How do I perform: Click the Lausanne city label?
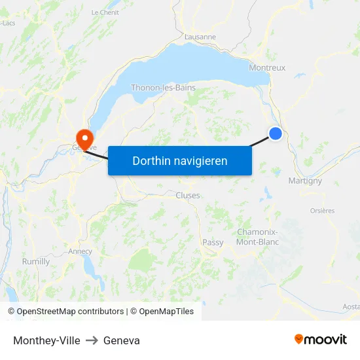[x=200, y=37]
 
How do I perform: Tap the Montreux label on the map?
[x=267, y=67]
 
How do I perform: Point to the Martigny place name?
[x=305, y=181]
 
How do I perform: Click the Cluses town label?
[x=188, y=195]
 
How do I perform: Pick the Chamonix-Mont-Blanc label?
[x=257, y=237]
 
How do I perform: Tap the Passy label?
[x=213, y=242]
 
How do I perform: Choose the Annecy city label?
[x=80, y=251]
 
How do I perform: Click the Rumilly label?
[x=36, y=261]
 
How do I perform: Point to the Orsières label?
[x=322, y=211]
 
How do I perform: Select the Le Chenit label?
[x=104, y=12]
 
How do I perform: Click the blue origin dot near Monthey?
[x=276, y=134]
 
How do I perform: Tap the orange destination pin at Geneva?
[x=84, y=137]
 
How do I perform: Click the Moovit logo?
[x=321, y=339]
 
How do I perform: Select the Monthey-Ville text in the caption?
[x=46, y=340]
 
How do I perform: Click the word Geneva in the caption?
[x=122, y=340]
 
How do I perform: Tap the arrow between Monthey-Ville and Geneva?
[x=92, y=340]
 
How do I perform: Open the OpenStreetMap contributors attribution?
[x=70, y=312]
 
